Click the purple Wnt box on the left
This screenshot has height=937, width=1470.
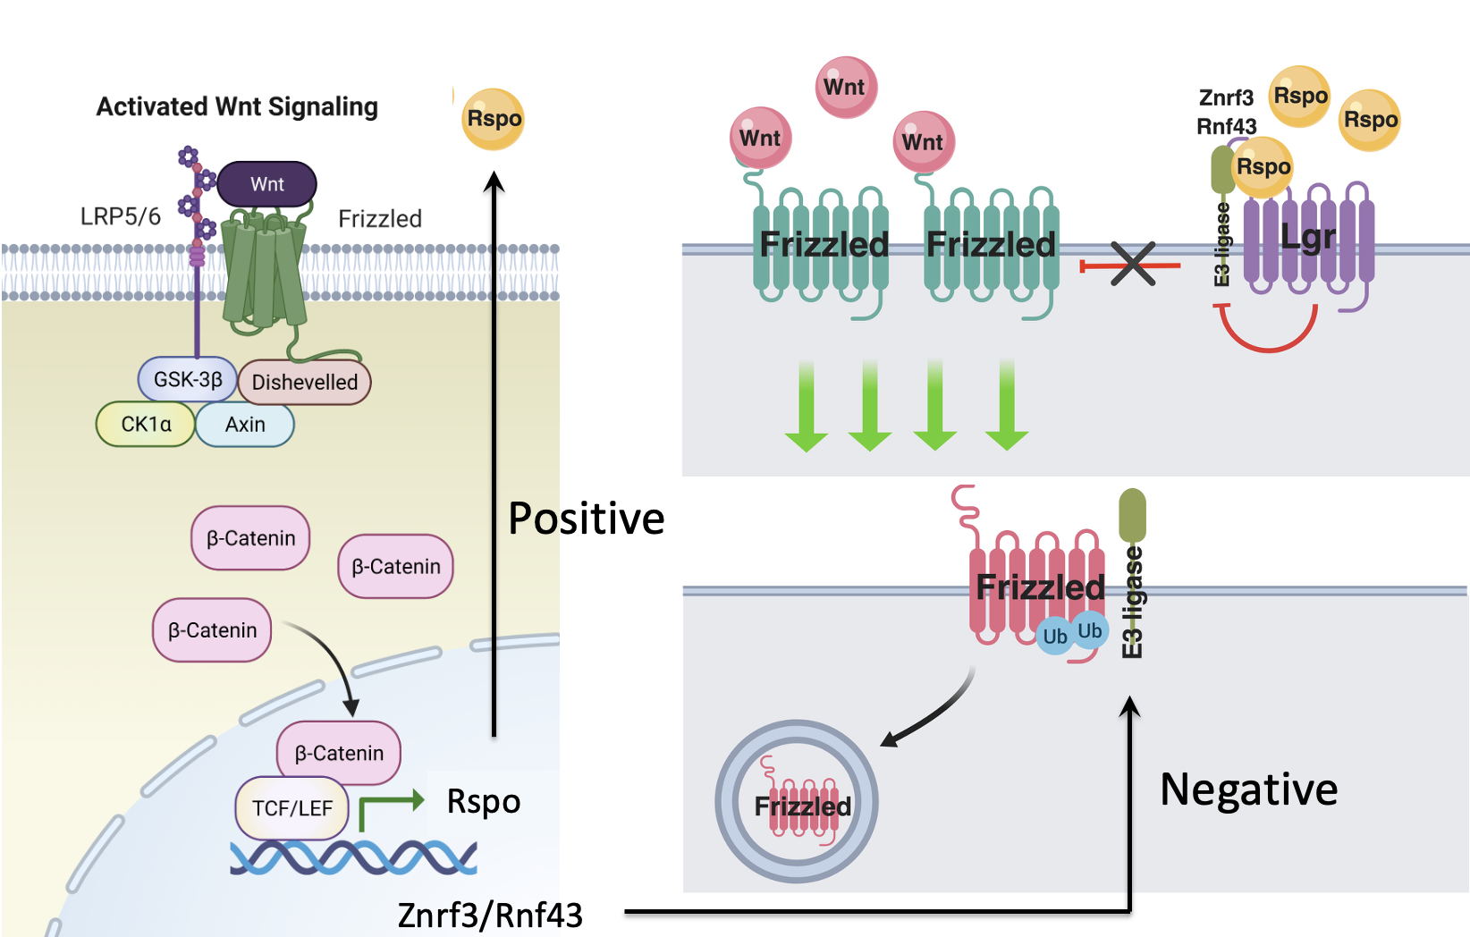pos(266,184)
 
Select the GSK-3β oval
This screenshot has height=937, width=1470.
pos(188,379)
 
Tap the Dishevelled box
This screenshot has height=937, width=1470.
pos(304,383)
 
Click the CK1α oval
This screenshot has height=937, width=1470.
pos(146,425)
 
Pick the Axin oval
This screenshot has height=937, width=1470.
pos(245,425)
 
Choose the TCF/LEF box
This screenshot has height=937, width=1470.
pos(291,808)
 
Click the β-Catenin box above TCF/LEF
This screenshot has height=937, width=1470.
pos(339,753)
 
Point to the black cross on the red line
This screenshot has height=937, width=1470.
pos(1132,265)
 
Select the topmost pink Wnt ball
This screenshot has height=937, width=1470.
pos(846,87)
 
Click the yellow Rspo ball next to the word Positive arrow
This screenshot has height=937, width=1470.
pos(493,119)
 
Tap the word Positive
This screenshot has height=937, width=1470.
pos(586,519)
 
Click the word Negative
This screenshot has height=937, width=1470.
pos(1248,789)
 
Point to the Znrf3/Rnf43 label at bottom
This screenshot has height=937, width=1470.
pos(490,916)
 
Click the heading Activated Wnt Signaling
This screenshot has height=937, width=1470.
pos(237,107)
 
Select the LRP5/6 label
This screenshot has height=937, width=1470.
pos(120,217)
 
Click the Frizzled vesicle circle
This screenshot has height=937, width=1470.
pos(797,802)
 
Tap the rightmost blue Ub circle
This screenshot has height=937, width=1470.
pos(1090,630)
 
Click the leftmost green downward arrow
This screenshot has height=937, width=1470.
pos(807,407)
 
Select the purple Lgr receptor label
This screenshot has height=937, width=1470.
pos(1307,238)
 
